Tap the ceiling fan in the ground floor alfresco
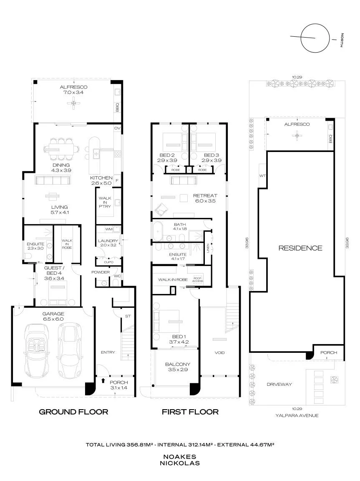(x=73, y=103)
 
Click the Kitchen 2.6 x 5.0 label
(x=101, y=180)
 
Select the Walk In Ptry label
(x=105, y=202)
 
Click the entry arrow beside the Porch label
(x=103, y=381)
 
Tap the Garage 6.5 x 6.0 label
(x=53, y=316)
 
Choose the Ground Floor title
(x=73, y=412)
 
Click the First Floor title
(x=190, y=412)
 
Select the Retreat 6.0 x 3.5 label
(x=205, y=198)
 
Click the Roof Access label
(x=198, y=279)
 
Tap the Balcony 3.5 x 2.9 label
(x=178, y=367)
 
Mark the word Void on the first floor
(x=220, y=353)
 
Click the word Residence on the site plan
(x=300, y=248)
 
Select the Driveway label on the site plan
(x=279, y=384)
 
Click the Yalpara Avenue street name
(x=297, y=415)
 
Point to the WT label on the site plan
(x=262, y=176)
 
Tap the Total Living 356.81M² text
(x=119, y=445)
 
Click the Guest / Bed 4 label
(x=54, y=273)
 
